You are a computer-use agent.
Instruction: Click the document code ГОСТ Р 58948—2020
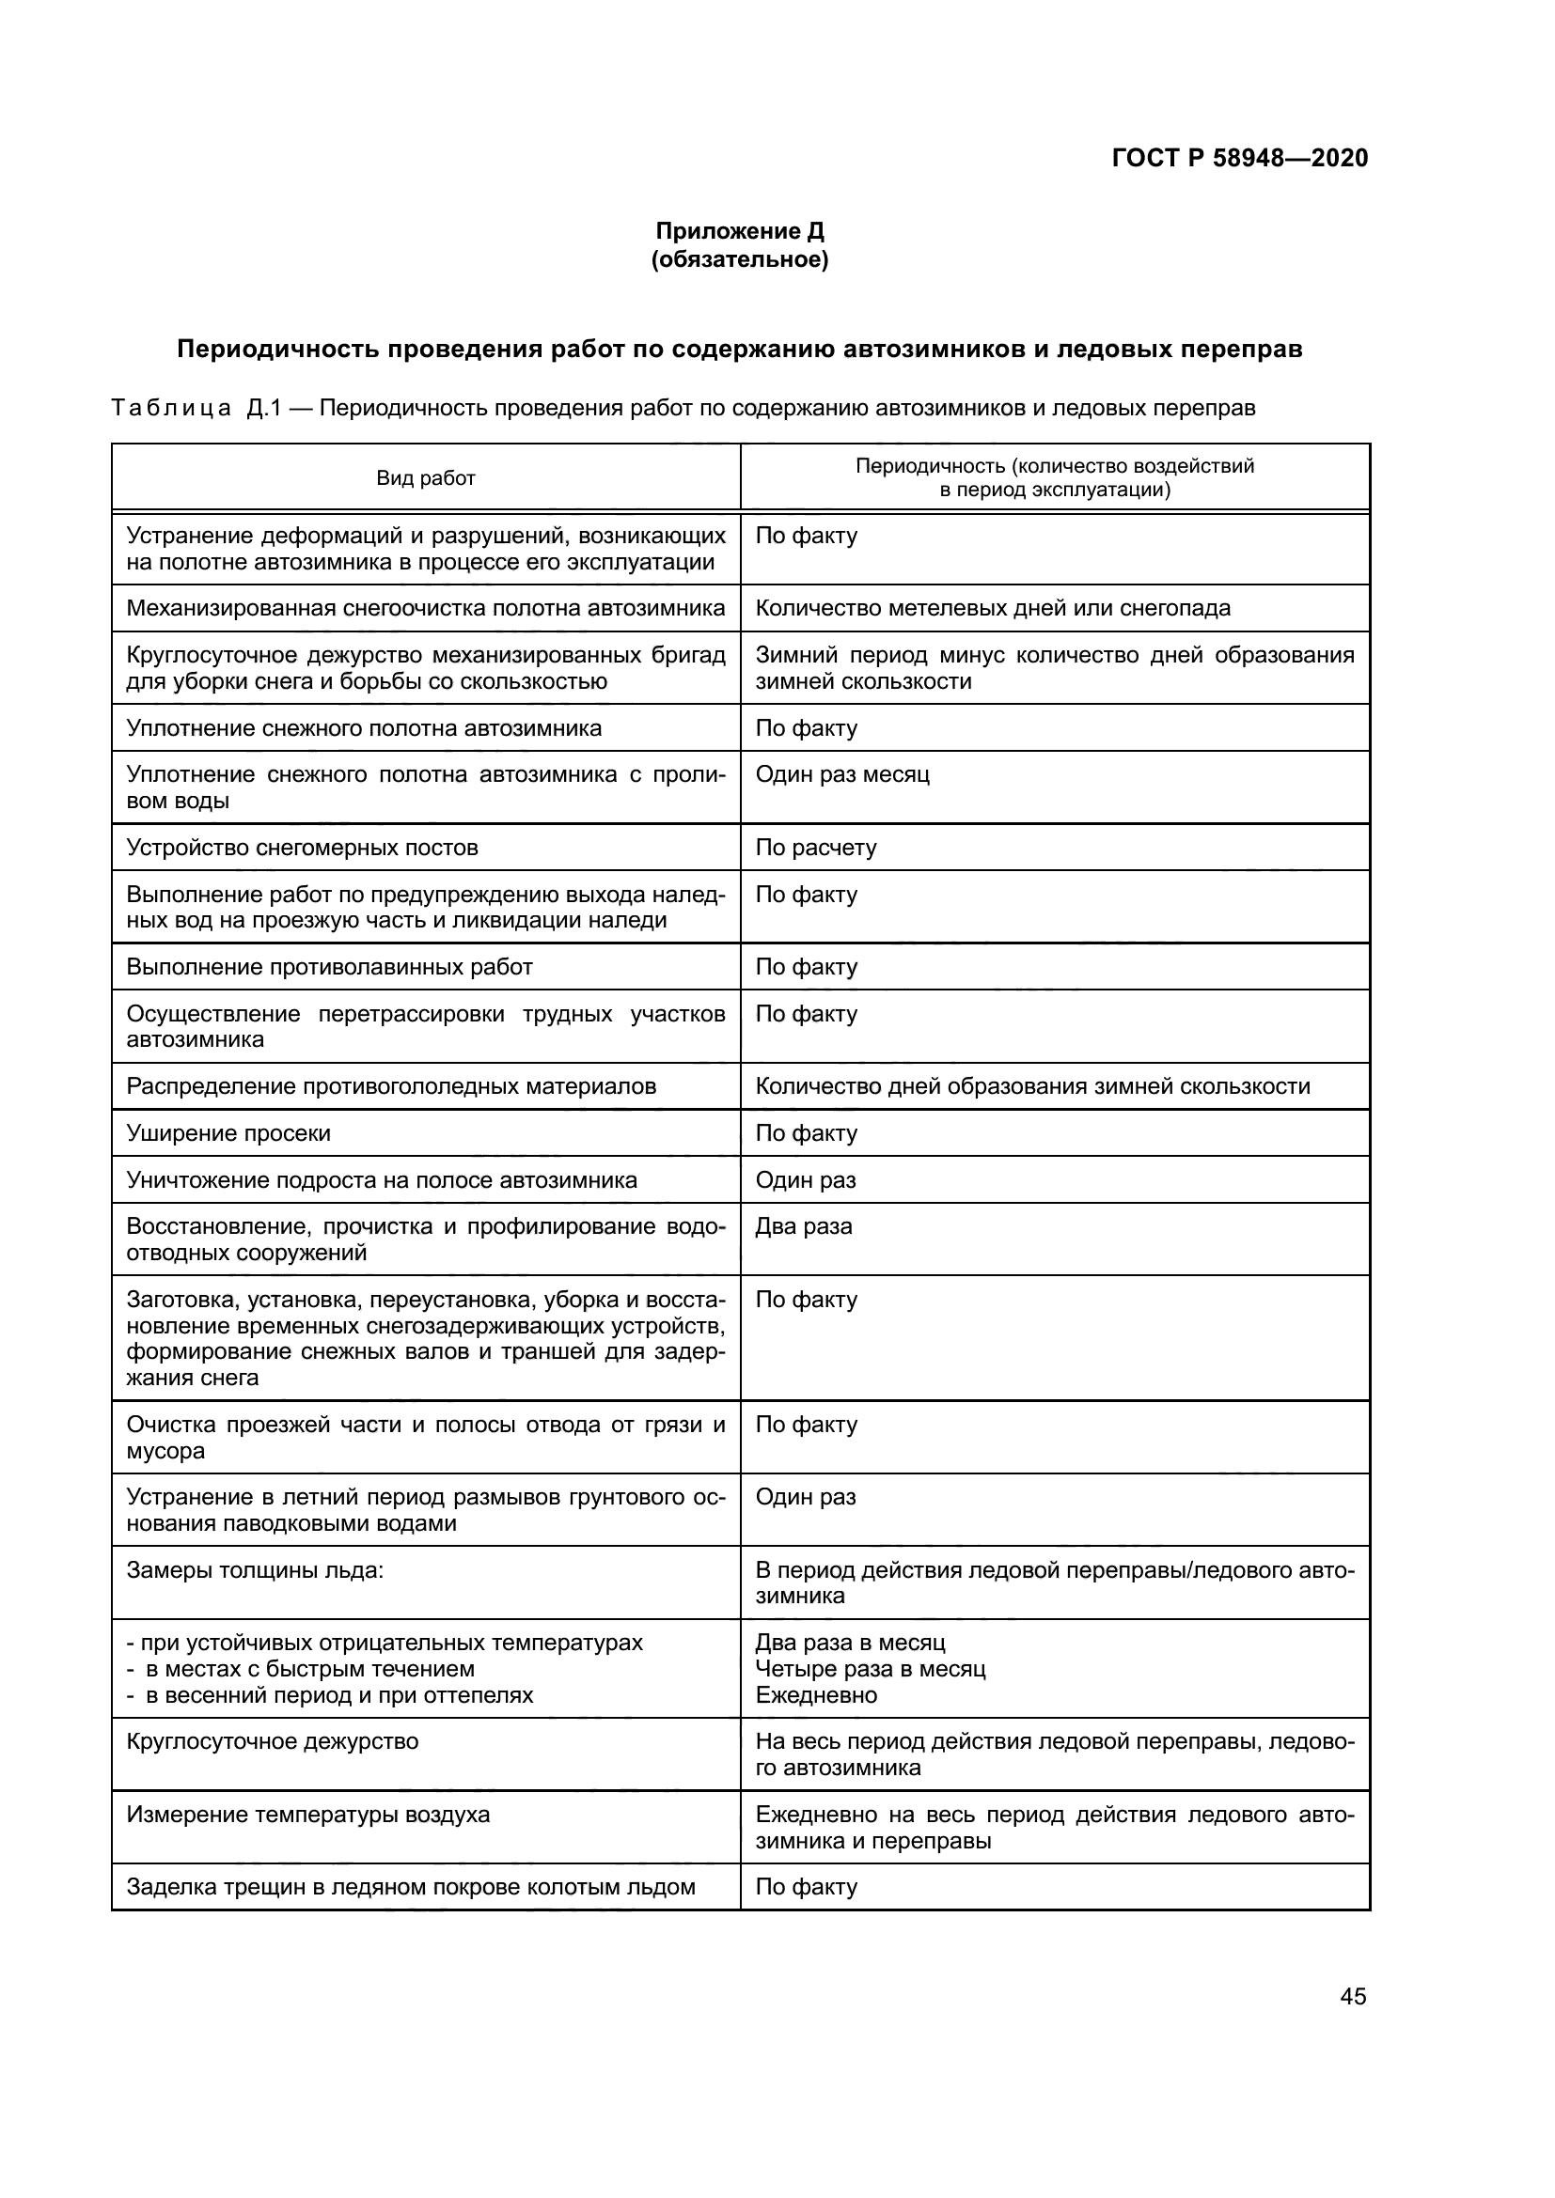[1240, 158]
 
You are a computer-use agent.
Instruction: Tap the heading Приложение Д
[739, 231]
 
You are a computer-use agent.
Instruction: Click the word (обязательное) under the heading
[739, 259]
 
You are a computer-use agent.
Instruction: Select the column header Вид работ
[425, 477]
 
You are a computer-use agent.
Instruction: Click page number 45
[1353, 1997]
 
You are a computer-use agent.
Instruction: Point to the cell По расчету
[816, 848]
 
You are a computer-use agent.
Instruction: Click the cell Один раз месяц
[841, 773]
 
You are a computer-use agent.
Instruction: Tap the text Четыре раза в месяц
[870, 1670]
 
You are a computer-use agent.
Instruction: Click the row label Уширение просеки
[228, 1133]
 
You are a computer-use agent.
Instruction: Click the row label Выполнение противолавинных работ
[329, 967]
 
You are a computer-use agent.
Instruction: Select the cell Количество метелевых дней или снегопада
[992, 608]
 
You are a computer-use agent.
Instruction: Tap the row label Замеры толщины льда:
[255, 1570]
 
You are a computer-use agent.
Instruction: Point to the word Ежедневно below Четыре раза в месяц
[816, 1695]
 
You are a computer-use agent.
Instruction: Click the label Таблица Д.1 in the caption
[196, 409]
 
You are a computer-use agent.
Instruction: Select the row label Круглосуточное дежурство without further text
[272, 1741]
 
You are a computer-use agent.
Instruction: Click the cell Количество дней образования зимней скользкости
[1032, 1086]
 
